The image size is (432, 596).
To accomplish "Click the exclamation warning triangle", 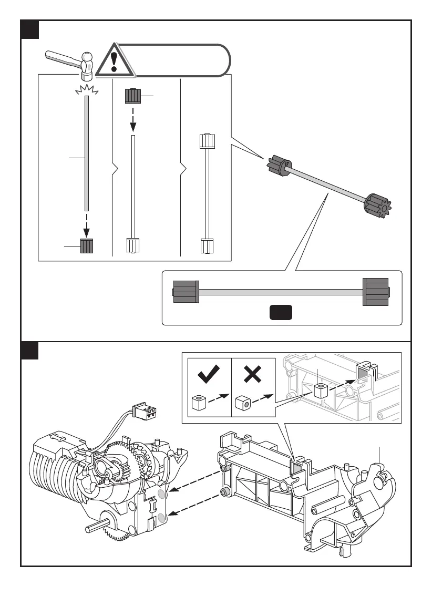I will [x=114, y=59].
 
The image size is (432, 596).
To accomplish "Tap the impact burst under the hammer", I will [x=87, y=90].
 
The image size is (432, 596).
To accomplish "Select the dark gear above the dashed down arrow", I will [x=133, y=97].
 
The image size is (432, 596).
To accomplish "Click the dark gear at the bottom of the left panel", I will [x=87, y=246].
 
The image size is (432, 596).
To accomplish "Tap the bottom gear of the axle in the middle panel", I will [x=133, y=245].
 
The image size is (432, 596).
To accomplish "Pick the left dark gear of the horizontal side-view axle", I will [x=186, y=292].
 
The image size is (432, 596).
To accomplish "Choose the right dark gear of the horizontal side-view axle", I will [x=376, y=291].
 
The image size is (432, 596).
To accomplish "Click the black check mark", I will [x=209, y=374].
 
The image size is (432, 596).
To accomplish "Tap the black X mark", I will [x=253, y=374].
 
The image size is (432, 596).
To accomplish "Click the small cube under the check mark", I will [x=198, y=403].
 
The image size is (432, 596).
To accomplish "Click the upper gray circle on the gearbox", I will [x=161, y=494].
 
